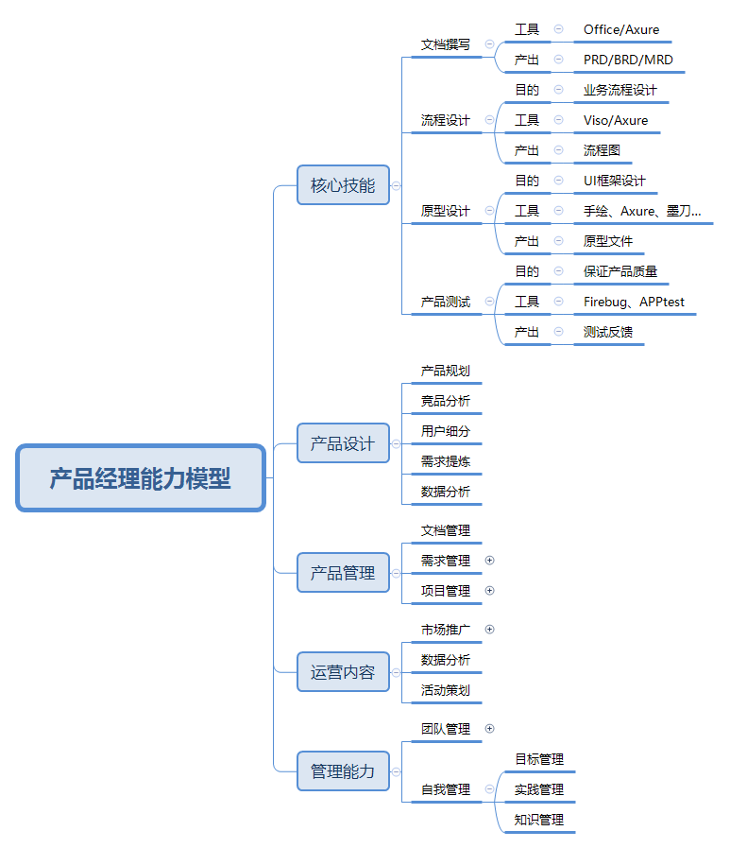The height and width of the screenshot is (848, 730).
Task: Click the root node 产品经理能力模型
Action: click(x=141, y=478)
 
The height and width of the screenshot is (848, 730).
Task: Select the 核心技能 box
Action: click(x=343, y=185)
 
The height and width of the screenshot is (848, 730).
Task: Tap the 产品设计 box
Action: click(x=343, y=443)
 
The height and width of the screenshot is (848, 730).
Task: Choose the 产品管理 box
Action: click(x=343, y=573)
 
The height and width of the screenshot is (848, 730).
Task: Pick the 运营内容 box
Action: click(x=343, y=672)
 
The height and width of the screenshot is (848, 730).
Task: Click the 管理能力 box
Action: click(x=343, y=771)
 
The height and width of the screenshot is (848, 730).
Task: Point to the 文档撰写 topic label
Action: click(x=446, y=44)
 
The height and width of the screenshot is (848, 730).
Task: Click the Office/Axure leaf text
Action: click(x=621, y=29)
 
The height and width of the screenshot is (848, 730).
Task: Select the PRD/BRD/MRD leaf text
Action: click(x=628, y=60)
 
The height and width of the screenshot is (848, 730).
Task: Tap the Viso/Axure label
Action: click(x=616, y=120)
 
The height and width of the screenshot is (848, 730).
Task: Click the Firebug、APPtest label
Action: click(x=634, y=302)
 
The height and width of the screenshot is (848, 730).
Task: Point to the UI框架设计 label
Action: click(x=615, y=181)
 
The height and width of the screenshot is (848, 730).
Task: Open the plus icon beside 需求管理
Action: click(x=489, y=561)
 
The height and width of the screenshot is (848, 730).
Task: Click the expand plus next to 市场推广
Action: click(x=489, y=629)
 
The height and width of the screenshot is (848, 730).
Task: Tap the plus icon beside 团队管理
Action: click(x=489, y=729)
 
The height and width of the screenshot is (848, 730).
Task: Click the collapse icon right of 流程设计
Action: click(x=489, y=119)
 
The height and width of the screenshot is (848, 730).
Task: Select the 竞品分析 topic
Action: click(x=446, y=401)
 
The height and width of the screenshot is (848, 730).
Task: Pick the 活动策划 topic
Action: click(x=446, y=690)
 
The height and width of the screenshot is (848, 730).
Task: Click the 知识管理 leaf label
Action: click(x=538, y=820)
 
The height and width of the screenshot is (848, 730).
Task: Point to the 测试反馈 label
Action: click(x=608, y=332)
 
